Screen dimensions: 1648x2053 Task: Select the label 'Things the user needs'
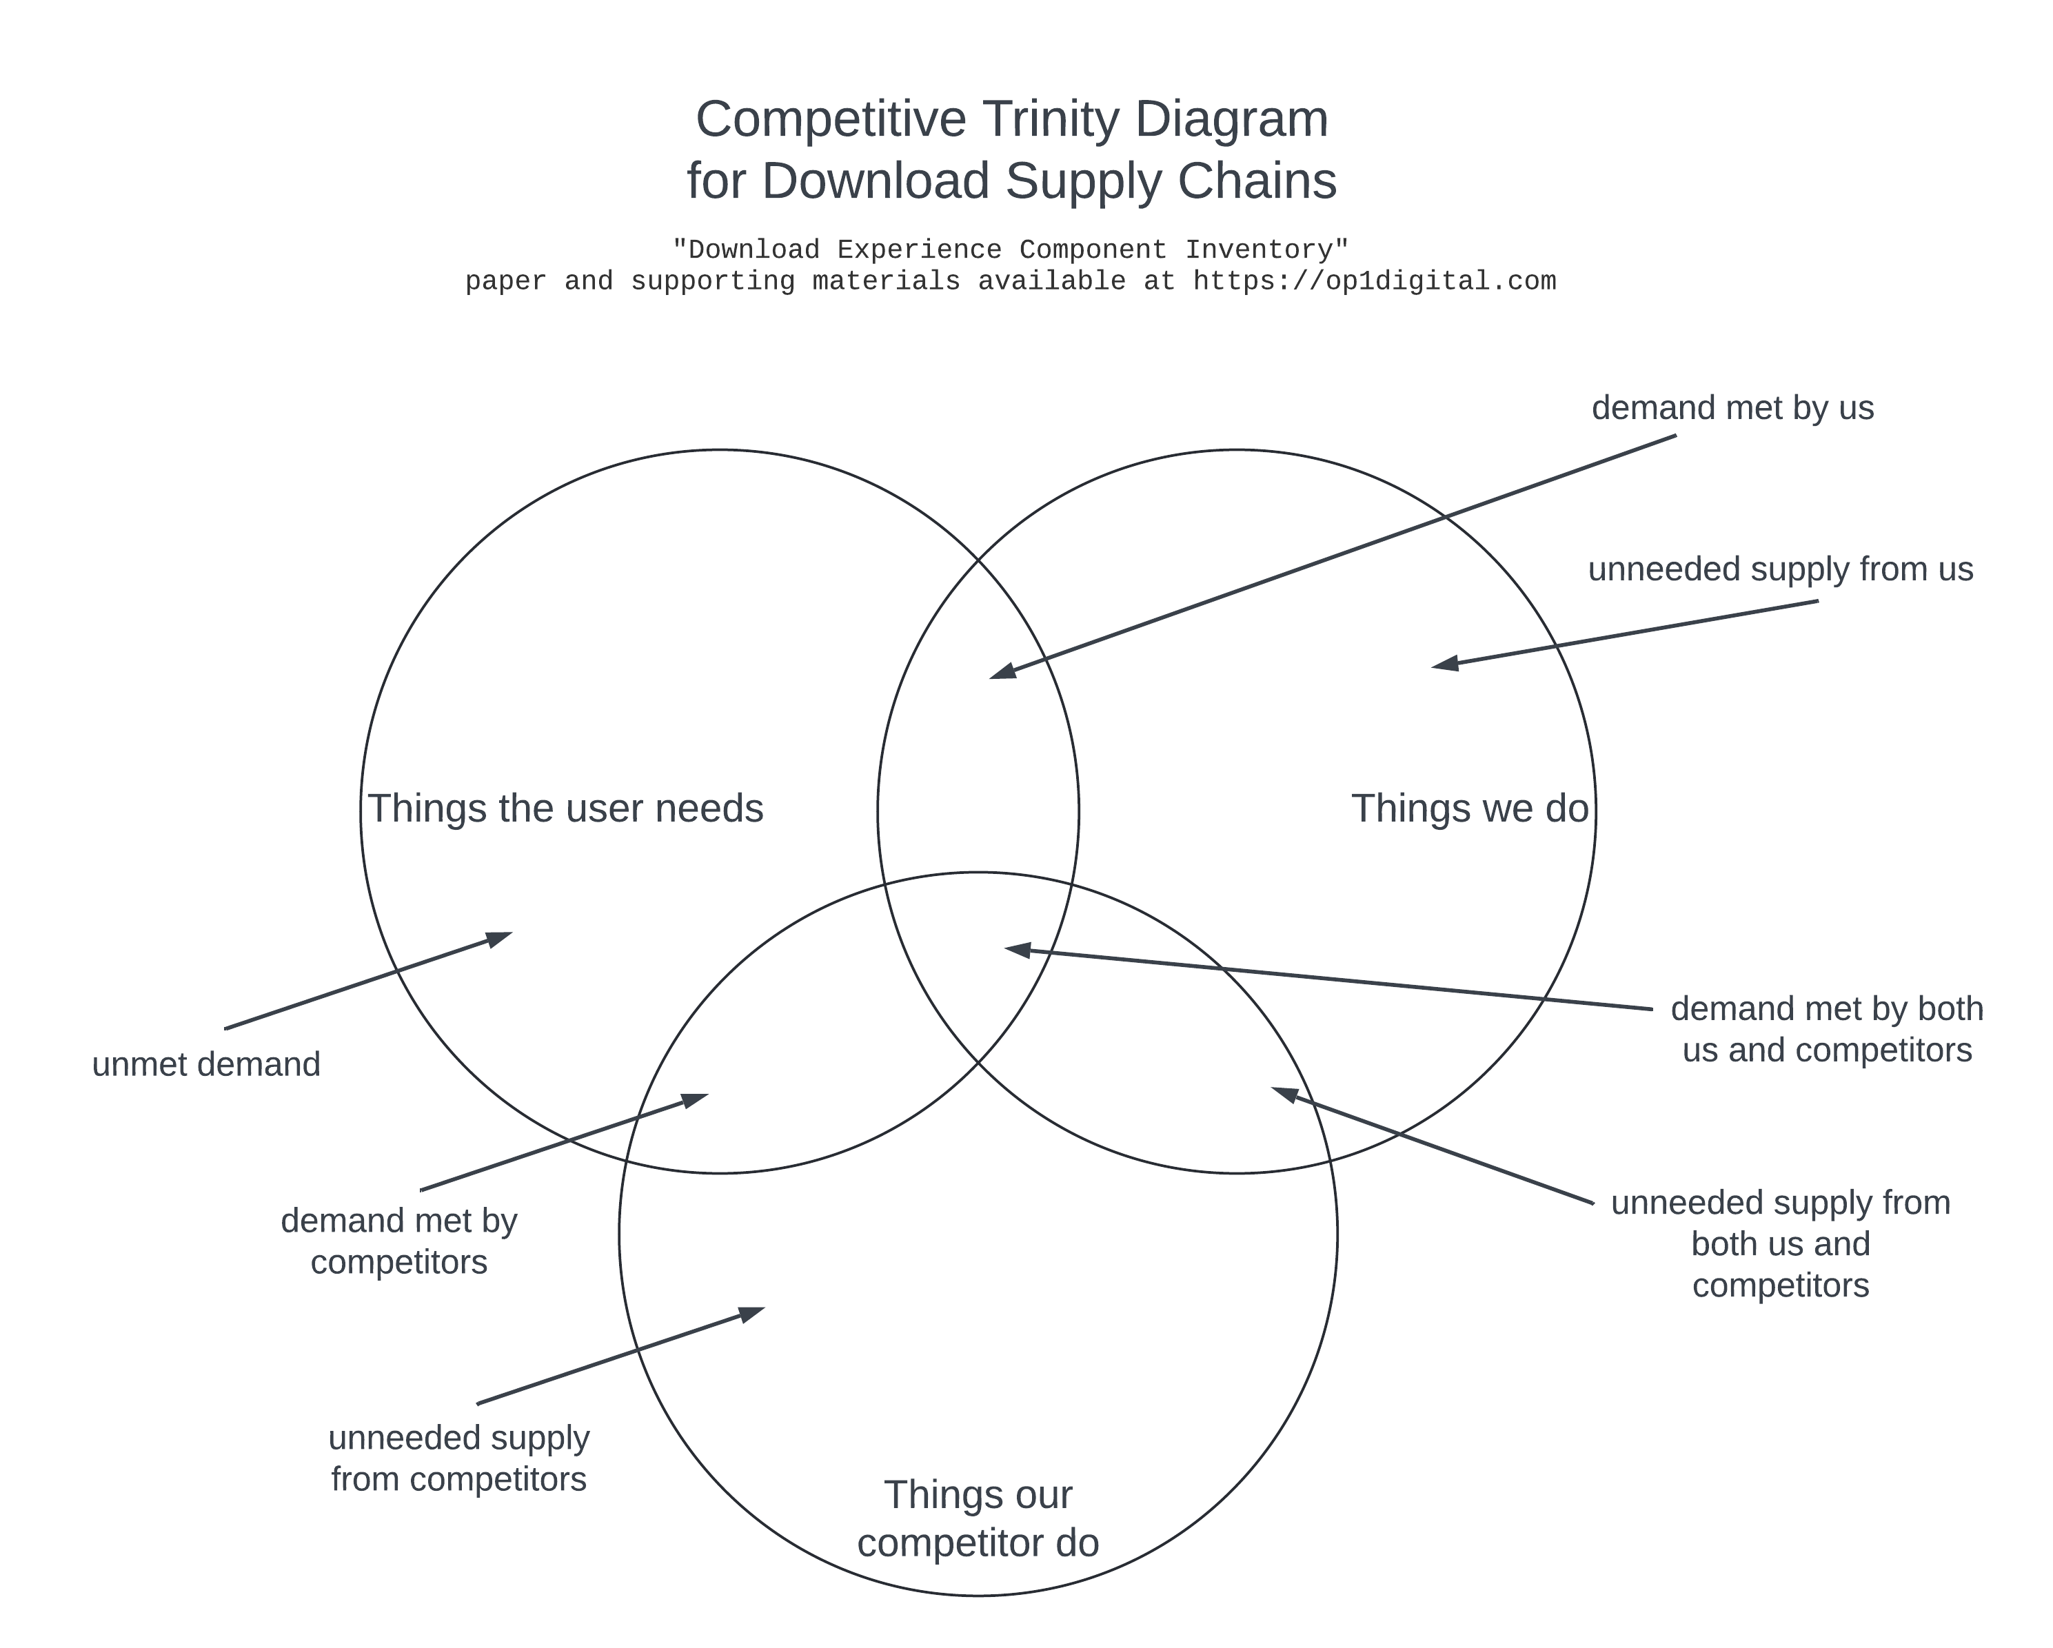click(x=565, y=809)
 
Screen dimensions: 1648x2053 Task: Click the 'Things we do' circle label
click(x=1469, y=809)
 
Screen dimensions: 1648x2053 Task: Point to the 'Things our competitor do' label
click(x=978, y=1518)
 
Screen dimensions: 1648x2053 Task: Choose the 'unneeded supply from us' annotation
click(x=1780, y=569)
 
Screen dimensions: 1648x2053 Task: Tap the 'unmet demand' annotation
click(x=205, y=1064)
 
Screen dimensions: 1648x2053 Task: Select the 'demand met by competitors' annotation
click(x=399, y=1241)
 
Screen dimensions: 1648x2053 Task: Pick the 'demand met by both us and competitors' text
click(x=1826, y=1029)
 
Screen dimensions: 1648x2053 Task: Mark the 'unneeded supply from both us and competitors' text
click(x=1781, y=1244)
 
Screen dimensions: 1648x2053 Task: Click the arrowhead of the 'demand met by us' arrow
click(x=1002, y=672)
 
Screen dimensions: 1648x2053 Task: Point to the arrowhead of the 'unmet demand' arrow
click(x=500, y=938)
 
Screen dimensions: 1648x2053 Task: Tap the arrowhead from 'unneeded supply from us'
click(x=1444, y=664)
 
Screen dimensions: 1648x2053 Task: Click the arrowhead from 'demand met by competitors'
click(x=695, y=1099)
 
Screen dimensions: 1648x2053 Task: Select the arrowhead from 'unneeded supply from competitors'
click(x=752, y=1314)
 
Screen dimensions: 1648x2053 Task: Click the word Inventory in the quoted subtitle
click(x=1266, y=250)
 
